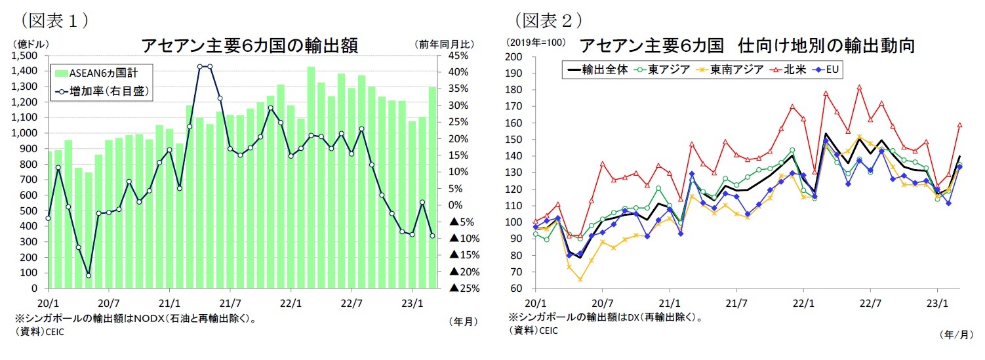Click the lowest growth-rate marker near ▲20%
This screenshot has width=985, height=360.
pyautogui.click(x=88, y=275)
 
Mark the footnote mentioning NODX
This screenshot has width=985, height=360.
pyautogui.click(x=134, y=319)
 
